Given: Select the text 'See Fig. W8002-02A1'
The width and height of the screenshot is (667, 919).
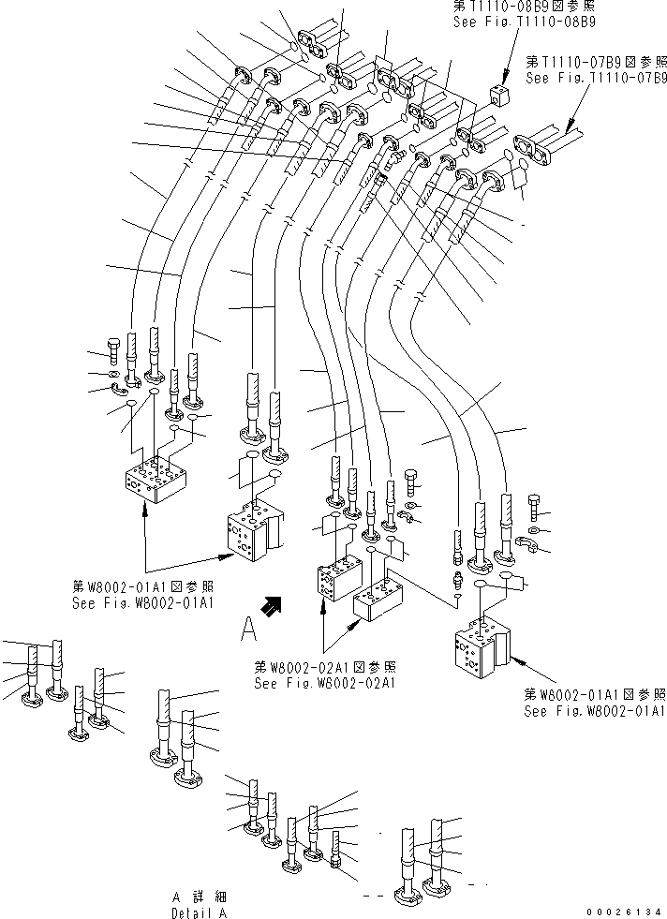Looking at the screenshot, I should pyautogui.click(x=325, y=682).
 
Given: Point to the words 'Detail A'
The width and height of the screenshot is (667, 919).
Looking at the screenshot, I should pyautogui.click(x=199, y=912).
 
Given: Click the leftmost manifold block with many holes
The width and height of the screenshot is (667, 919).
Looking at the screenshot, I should pyautogui.click(x=157, y=478).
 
